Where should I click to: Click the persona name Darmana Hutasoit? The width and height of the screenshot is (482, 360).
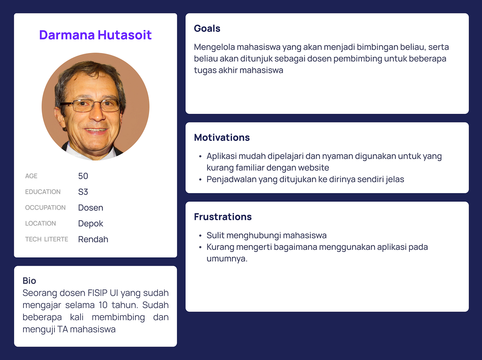point(95,35)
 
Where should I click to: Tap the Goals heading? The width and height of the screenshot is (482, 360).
point(207,29)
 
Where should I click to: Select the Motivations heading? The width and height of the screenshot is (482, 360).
point(222,138)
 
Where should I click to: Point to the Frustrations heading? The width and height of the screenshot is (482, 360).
point(223,217)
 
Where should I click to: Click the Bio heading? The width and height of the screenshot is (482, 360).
point(29,281)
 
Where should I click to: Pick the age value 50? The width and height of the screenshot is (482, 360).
point(83,176)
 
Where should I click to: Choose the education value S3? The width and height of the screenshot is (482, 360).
point(83,192)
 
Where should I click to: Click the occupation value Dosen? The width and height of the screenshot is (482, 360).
point(91,208)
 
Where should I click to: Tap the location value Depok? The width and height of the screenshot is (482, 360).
point(91,224)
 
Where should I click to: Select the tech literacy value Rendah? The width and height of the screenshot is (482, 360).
point(93,240)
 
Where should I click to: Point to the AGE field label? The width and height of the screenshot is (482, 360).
point(31,176)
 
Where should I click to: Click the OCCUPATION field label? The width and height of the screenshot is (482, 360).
point(45,208)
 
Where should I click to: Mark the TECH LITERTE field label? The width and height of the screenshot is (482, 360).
point(46,240)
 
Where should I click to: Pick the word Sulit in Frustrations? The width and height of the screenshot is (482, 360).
point(215,236)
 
